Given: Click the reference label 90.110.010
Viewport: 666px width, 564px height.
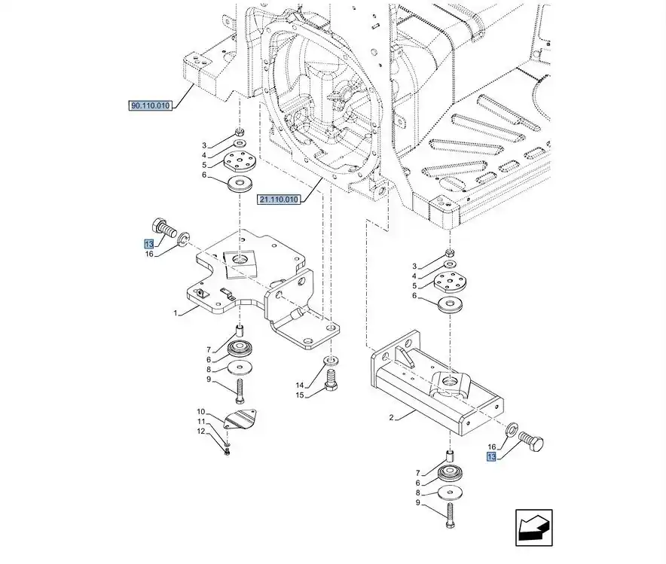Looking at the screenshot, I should (151, 106).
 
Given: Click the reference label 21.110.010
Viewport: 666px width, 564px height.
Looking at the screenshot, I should (279, 200).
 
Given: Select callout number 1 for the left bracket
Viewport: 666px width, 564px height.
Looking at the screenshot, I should (176, 312).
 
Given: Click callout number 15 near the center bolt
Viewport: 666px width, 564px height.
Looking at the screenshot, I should (299, 395).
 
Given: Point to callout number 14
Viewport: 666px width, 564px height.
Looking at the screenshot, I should (299, 385).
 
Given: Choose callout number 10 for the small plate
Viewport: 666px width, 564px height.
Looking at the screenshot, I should (201, 412).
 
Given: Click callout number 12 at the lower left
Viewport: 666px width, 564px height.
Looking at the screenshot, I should (201, 431).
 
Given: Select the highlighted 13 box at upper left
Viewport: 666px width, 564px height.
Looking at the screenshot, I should (149, 243).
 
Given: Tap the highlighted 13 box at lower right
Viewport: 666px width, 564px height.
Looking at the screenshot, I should (491, 457).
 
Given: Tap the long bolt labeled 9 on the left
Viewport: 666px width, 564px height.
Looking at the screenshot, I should (240, 391).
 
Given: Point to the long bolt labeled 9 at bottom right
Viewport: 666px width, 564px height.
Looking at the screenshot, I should (449, 515).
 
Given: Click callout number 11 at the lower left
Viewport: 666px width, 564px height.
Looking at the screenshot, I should (201, 422).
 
